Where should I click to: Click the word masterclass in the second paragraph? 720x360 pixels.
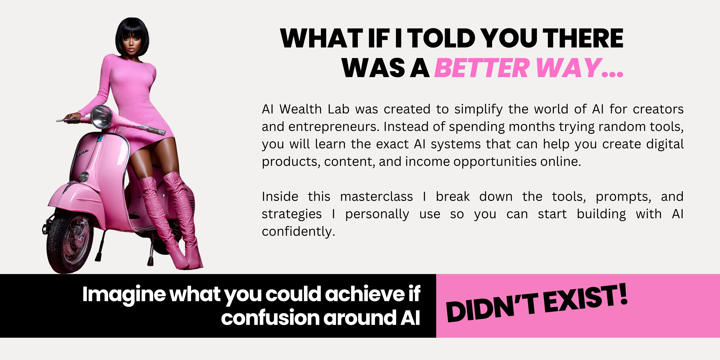tap(376, 196)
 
